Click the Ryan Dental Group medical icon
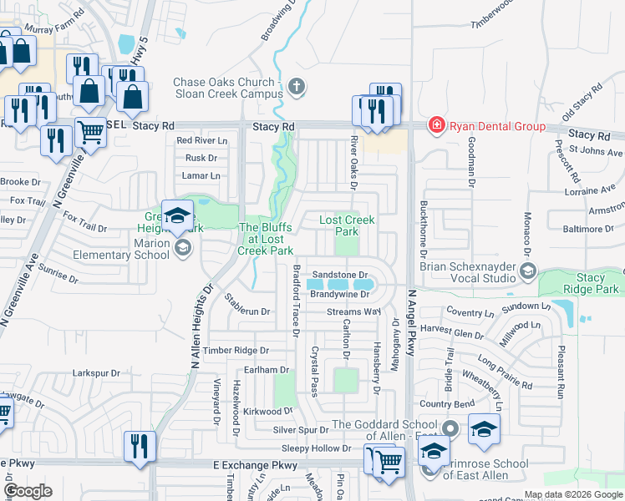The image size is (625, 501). tap(436, 126)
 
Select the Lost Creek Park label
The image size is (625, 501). tap(348, 225)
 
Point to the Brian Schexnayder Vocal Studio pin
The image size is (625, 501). tap(528, 271)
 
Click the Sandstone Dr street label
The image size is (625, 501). tap(339, 275)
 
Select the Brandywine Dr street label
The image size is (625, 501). tap(339, 294)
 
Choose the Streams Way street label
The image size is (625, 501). tap(353, 312)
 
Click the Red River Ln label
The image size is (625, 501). tap(196, 140)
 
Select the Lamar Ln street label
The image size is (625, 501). tap(201, 175)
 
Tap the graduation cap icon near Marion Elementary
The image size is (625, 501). tap(177, 217)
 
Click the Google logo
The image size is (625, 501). tap(28, 491)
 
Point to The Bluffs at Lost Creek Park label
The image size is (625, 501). tap(266, 239)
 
